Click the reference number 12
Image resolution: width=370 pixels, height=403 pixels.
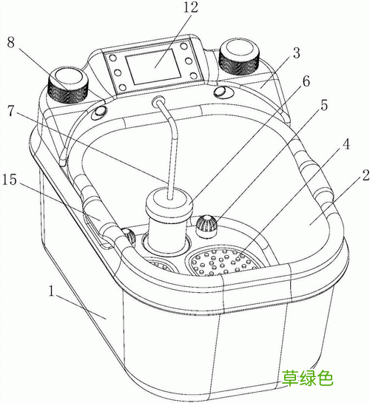[190, 7]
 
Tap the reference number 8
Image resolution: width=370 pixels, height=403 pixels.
[10, 42]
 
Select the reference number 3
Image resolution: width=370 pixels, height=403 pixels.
[297, 53]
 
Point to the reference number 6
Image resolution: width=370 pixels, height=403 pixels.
[306, 82]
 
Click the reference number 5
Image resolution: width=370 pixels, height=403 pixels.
[324, 106]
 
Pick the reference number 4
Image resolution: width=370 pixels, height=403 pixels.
[346, 144]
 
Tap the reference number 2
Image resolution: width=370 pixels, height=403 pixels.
[366, 175]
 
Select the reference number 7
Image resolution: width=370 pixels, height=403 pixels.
[10, 111]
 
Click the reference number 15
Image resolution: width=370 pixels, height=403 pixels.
[10, 180]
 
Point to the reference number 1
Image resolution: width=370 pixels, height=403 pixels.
[52, 291]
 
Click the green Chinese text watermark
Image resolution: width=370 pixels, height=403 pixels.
[307, 378]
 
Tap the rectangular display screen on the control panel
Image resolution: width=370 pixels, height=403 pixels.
[153, 67]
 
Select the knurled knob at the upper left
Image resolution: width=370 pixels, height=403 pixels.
[67, 85]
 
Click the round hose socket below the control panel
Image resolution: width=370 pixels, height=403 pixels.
[158, 101]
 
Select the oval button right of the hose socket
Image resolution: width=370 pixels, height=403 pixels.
[221, 92]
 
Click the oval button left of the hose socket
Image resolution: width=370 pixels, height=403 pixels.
[99, 112]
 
